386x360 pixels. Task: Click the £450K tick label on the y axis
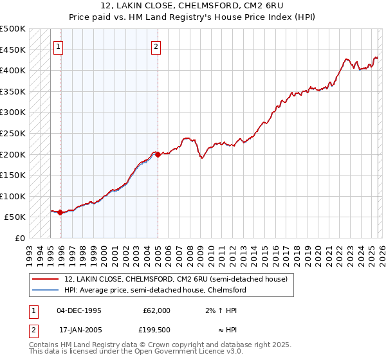13,50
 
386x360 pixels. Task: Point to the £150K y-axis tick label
13,175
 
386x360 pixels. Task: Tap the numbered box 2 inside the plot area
156,46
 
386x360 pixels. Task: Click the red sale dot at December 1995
60,212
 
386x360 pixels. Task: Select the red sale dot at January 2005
158,154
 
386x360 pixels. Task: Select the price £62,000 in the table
156,310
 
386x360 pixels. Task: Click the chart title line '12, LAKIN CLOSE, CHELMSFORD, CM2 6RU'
193,6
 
